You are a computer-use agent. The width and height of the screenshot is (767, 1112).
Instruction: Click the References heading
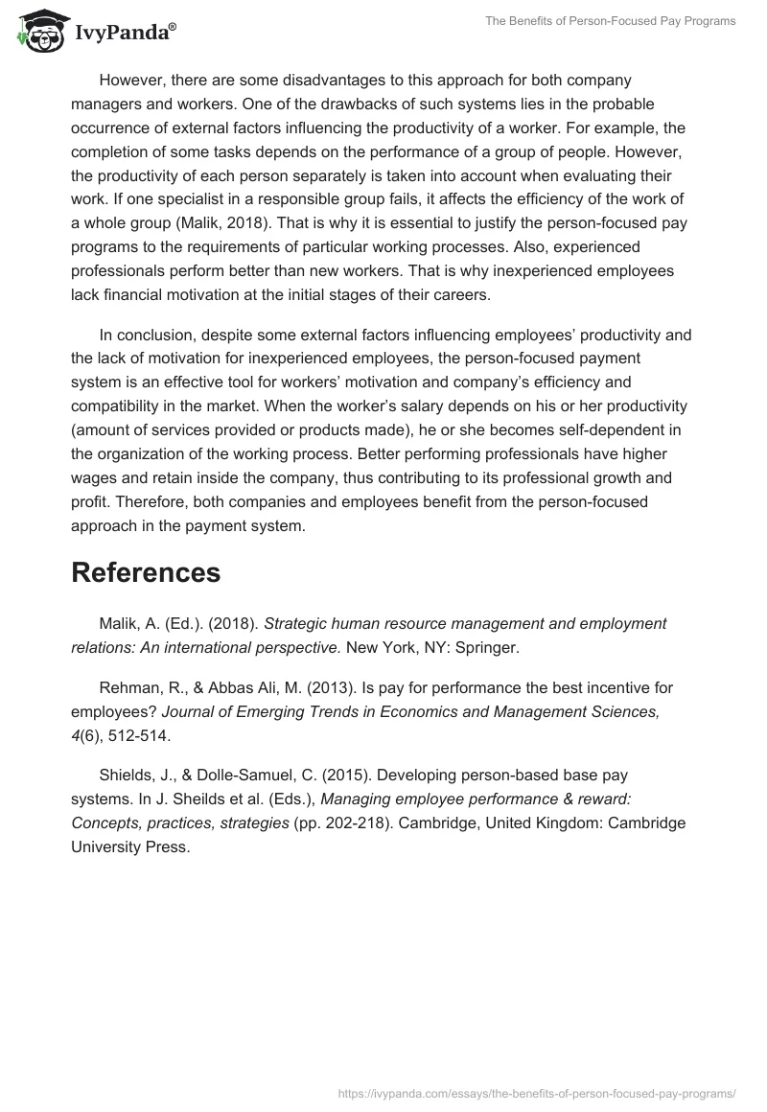(146, 572)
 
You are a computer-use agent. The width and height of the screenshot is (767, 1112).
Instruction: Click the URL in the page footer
(538, 1092)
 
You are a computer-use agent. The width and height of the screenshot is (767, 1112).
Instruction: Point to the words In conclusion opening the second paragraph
(145, 335)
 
